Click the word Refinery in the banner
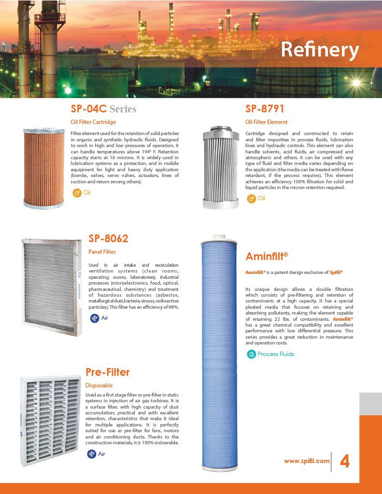(x=320, y=50)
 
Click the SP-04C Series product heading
(x=103, y=109)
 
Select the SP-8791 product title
(x=265, y=109)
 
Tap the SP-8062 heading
(x=108, y=238)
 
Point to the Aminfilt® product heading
(x=267, y=256)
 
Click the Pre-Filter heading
(x=108, y=372)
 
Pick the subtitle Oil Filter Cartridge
(x=93, y=122)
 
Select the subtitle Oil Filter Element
(x=266, y=122)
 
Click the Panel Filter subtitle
(x=102, y=251)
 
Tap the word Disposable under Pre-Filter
(x=99, y=385)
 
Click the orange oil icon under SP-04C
(x=76, y=193)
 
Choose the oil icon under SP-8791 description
(x=251, y=198)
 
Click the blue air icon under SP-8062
(x=95, y=318)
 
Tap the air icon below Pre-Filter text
(x=91, y=454)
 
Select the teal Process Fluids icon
(x=251, y=354)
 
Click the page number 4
(x=345, y=462)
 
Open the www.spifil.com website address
(x=307, y=461)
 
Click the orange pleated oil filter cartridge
(x=43, y=168)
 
